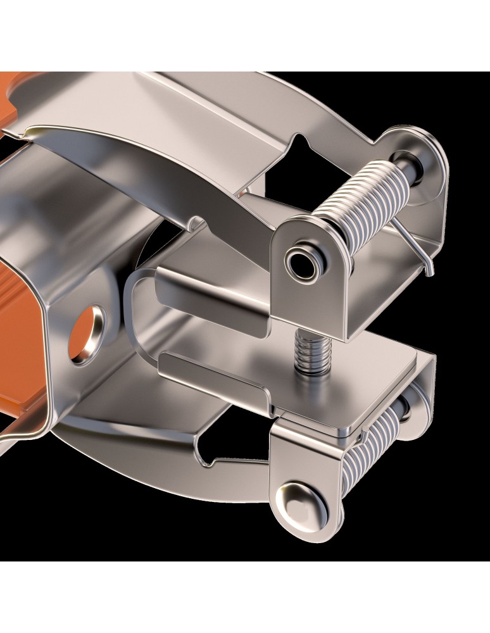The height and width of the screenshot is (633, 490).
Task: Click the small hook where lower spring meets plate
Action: click(x=360, y=437)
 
